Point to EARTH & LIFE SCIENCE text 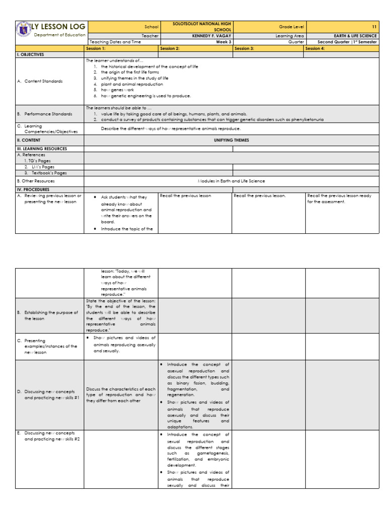pyautogui.click(x=352, y=36)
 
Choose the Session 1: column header pyautogui.click(x=96, y=49)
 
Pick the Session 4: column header pyautogui.click(x=316, y=49)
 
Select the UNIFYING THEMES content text pyautogui.click(x=231, y=140)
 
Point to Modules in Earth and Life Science pyautogui.click(x=231, y=181)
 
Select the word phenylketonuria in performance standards pyautogui.click(x=305, y=120)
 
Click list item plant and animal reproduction pyautogui.click(x=132, y=84)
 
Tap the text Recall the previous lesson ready pyautogui.click(x=339, y=196)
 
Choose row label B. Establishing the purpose pyautogui.click(x=50, y=313)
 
